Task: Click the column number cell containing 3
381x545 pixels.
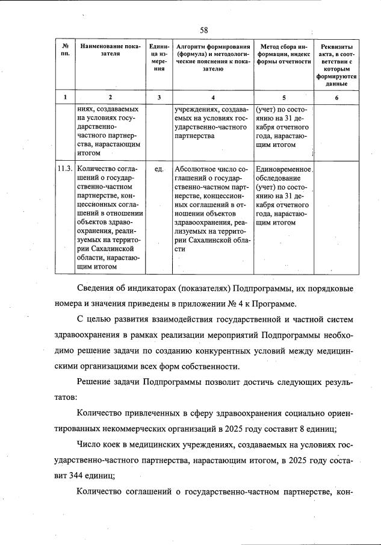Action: point(159,97)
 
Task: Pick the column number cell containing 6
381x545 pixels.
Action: point(336,97)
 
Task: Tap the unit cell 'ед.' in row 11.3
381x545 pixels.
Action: point(159,169)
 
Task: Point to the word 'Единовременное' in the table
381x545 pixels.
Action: point(283,169)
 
